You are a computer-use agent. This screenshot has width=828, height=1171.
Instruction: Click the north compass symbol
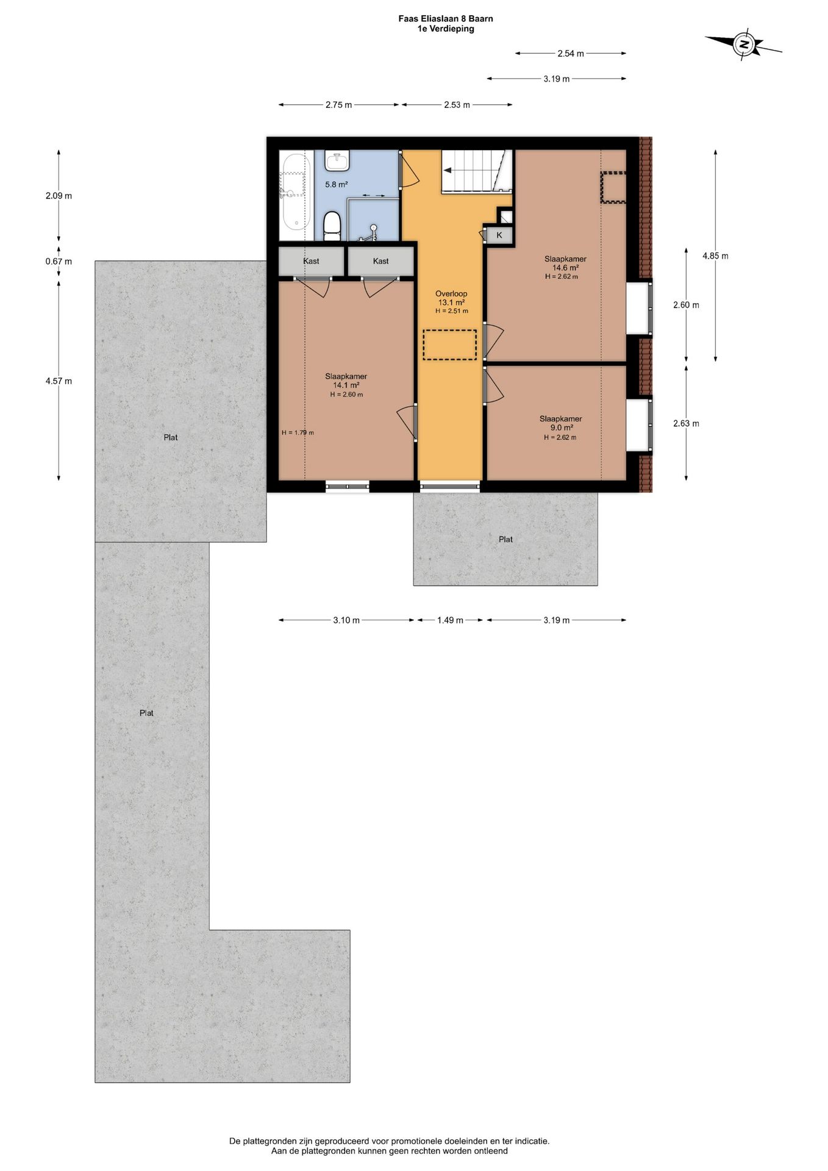tap(743, 44)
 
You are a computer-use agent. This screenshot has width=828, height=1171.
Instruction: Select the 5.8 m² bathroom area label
tap(336, 184)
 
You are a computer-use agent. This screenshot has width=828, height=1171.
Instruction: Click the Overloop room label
tap(451, 293)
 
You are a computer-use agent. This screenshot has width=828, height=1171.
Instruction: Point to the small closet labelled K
tap(499, 235)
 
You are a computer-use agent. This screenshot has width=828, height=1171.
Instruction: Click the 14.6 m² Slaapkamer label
tap(565, 263)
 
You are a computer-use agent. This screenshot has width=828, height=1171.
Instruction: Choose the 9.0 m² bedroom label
tap(560, 423)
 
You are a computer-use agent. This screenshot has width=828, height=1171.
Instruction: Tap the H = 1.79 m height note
tap(298, 433)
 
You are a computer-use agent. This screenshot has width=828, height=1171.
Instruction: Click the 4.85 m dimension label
tap(715, 256)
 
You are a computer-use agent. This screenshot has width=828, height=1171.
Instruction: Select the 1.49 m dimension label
tap(450, 620)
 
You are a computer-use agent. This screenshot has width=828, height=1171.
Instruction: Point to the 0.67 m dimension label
tap(59, 262)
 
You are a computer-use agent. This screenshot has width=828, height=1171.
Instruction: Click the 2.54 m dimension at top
tap(571, 54)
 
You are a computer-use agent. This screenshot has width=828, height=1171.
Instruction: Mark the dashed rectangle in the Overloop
tap(449, 345)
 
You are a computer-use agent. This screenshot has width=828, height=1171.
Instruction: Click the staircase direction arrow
tap(452, 171)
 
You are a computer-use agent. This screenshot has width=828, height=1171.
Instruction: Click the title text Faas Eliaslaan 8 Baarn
tap(446, 19)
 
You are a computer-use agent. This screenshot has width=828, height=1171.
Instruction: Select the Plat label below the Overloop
tap(505, 539)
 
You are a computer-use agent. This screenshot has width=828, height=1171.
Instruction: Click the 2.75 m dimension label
tap(338, 105)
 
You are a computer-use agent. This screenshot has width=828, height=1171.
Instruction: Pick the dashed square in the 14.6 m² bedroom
tap(613, 187)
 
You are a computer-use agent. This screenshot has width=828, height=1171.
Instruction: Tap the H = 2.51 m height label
tap(452, 311)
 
